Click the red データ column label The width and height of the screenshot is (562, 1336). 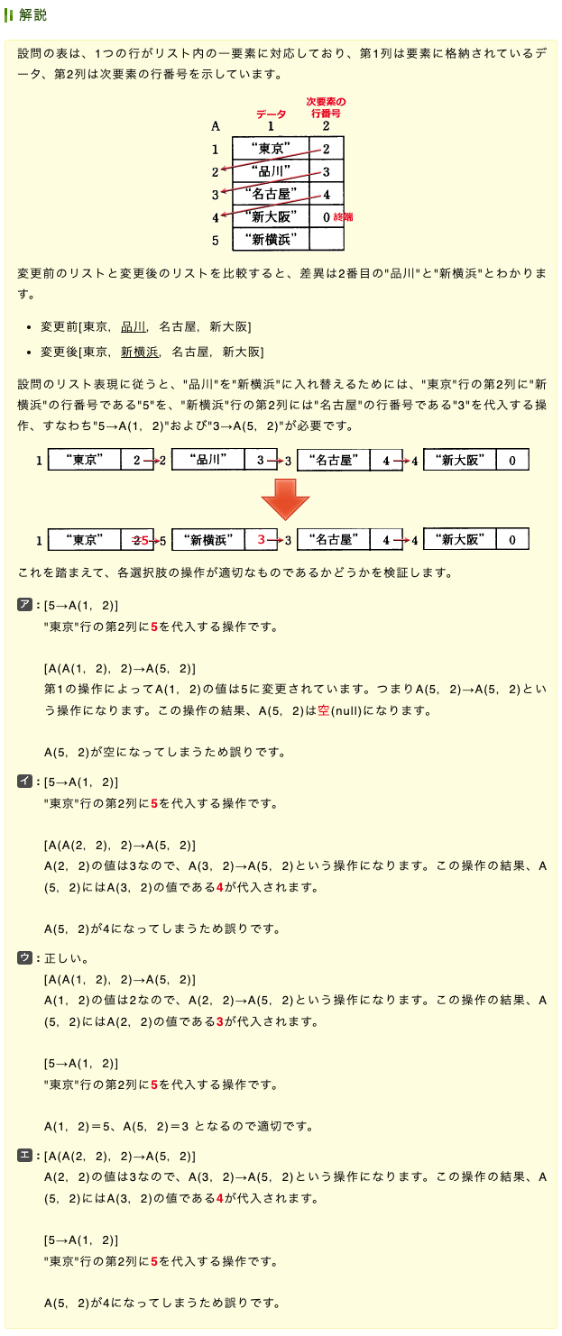pyautogui.click(x=271, y=114)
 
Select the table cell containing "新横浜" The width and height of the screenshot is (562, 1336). pyautogui.click(x=270, y=240)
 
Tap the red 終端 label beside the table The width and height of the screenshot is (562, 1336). pyautogui.click(x=344, y=216)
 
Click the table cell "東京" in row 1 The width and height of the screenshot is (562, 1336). pyautogui.click(x=270, y=149)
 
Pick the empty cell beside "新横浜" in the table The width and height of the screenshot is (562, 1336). pyautogui.click(x=326, y=240)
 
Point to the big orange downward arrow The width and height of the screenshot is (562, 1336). pyautogui.click(x=284, y=499)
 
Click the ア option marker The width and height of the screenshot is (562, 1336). pyautogui.click(x=25, y=605)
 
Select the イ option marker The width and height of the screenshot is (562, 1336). pyautogui.click(x=25, y=782)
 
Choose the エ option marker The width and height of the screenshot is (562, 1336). pyautogui.click(x=25, y=1156)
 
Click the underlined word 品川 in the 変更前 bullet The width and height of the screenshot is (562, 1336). pyautogui.click(x=134, y=326)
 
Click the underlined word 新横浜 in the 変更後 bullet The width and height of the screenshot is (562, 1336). pyautogui.click(x=140, y=352)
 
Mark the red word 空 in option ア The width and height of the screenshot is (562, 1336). pyautogui.click(x=324, y=710)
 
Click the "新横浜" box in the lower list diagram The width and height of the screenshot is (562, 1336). pyautogui.click(x=208, y=539)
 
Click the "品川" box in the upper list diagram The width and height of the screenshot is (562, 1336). pyautogui.click(x=207, y=461)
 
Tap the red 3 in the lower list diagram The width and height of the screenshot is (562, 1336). pyautogui.click(x=261, y=540)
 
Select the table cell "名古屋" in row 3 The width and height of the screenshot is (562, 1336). pyautogui.click(x=270, y=194)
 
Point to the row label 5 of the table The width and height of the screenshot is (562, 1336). pyautogui.click(x=216, y=241)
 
